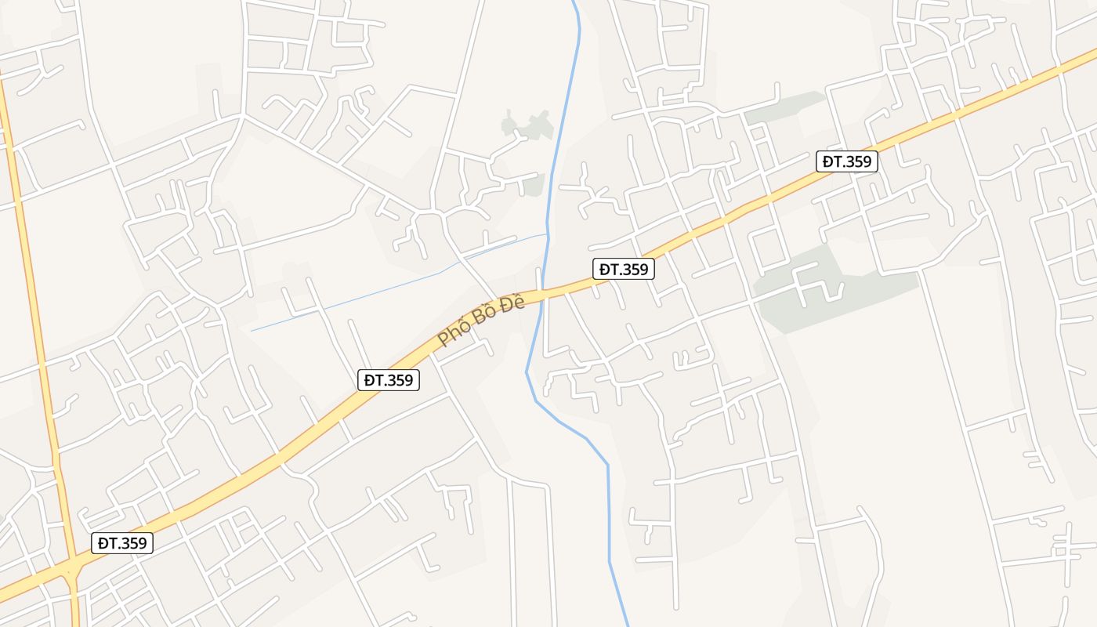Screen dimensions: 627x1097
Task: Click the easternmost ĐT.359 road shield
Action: pyautogui.click(x=846, y=161)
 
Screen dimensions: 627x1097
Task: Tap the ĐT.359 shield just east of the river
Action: pyautogui.click(x=623, y=269)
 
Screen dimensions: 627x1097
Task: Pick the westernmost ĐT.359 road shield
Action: pyautogui.click(x=121, y=542)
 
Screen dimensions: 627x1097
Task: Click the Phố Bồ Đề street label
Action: pyautogui.click(x=481, y=321)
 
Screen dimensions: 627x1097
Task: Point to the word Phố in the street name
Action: pyautogui.click(x=451, y=336)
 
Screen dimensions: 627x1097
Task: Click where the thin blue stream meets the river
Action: pyautogui.click(x=548, y=234)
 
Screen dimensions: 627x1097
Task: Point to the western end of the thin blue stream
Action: pyautogui.click(x=252, y=331)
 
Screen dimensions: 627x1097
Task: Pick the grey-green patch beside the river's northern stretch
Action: pyautogui.click(x=527, y=125)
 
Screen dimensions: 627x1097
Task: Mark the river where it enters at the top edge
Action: pyautogui.click(x=574, y=4)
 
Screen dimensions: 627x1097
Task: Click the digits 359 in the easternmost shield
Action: pyautogui.click(x=857, y=161)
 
